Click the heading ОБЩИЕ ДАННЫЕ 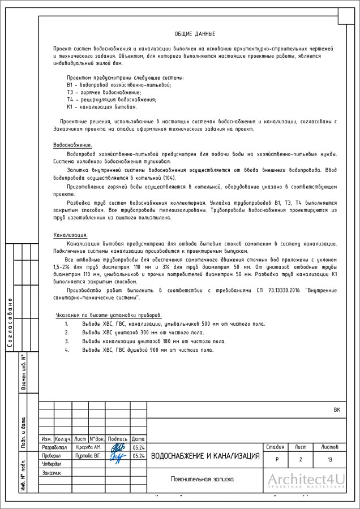(x=194, y=34)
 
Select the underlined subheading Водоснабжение (x=72, y=145)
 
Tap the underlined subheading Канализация (x=70, y=235)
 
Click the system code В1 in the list (x=70, y=85)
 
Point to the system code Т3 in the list (x=70, y=92)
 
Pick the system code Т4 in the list (x=70, y=100)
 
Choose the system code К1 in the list (x=70, y=106)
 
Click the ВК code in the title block (x=337, y=409)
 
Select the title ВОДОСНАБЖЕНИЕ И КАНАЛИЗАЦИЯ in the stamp (x=205, y=456)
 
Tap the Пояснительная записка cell (x=202, y=479)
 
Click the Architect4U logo (x=306, y=480)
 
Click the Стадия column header (x=275, y=447)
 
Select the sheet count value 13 (x=329, y=459)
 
